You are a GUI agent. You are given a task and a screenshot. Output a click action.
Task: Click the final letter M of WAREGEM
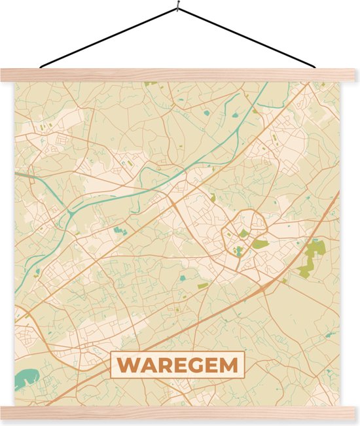228,365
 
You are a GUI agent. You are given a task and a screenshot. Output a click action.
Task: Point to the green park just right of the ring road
261,244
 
